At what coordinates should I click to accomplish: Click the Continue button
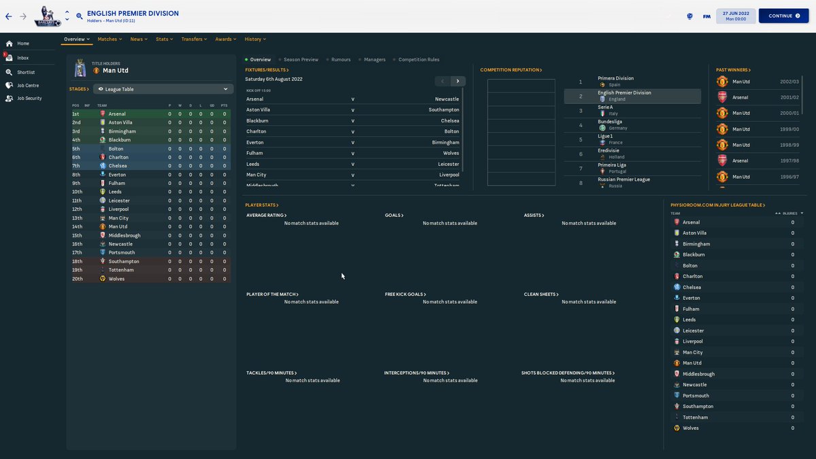tap(783, 16)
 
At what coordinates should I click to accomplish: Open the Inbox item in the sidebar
tap(23, 58)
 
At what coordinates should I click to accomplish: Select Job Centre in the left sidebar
tap(28, 85)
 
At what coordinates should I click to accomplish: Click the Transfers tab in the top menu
tap(192, 39)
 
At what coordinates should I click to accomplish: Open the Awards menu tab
tap(224, 39)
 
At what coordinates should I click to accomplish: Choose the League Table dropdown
tap(163, 89)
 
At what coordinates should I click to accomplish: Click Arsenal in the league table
tap(117, 114)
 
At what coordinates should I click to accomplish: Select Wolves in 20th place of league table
tap(116, 279)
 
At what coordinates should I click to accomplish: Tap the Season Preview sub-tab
tap(301, 60)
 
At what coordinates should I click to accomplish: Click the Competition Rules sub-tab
tap(418, 60)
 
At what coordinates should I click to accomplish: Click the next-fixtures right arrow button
tap(458, 81)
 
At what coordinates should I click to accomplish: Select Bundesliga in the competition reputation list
tap(609, 122)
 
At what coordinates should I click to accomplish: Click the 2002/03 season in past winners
tap(789, 82)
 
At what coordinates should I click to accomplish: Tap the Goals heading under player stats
tap(393, 215)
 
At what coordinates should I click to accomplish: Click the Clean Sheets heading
tap(540, 294)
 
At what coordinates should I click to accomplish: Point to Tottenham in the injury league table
tap(696, 418)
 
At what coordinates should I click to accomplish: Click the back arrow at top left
tap(8, 16)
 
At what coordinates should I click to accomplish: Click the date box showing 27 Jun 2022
tap(735, 16)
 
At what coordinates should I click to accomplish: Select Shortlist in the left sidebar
tap(26, 72)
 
